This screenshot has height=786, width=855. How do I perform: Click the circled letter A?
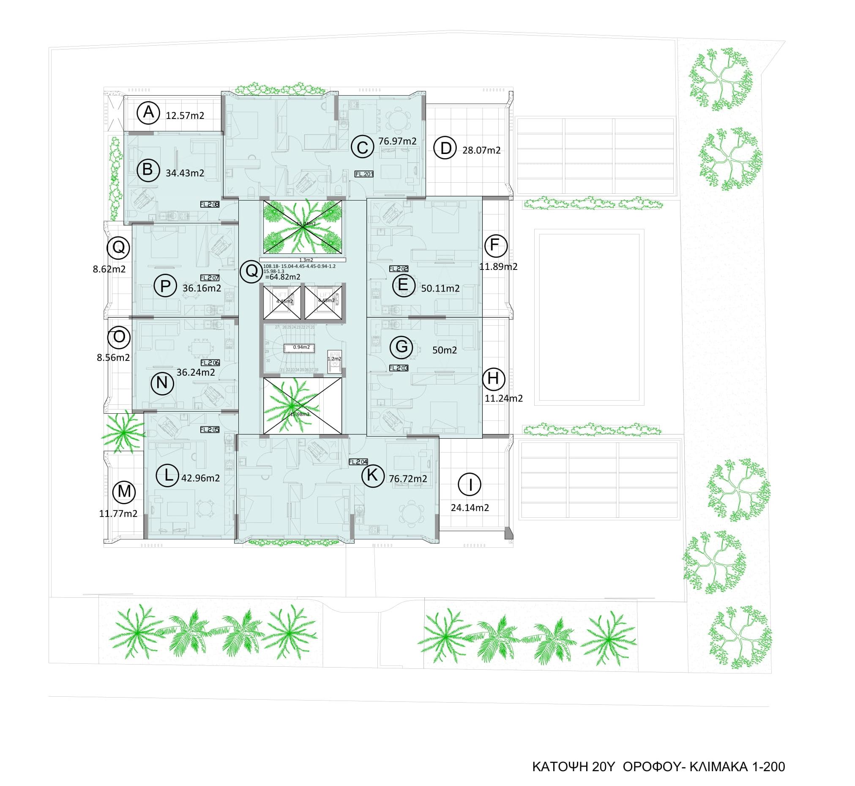coord(148,113)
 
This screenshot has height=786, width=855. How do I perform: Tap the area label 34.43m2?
coord(185,173)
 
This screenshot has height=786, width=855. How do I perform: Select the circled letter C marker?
coord(362,148)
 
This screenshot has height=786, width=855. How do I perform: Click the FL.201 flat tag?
coord(364,174)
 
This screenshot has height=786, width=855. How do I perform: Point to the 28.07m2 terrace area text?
coord(481,150)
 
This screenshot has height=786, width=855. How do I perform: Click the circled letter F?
coord(495,245)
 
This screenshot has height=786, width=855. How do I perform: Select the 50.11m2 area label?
coord(440,289)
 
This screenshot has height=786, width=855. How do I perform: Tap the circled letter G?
coord(401,346)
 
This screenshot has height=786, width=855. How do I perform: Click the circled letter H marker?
coord(493,379)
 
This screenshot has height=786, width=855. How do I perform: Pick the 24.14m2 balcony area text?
coord(470,507)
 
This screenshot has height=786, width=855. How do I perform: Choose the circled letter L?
coord(168,475)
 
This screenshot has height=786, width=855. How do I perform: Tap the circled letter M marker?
coord(124,492)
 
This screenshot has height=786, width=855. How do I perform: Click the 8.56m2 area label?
coord(113,358)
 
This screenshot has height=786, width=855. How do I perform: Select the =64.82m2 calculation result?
coord(283,278)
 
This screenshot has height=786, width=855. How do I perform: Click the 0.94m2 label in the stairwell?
coord(301,347)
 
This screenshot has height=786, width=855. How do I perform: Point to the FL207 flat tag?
coord(210,278)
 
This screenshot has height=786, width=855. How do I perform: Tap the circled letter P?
coord(165,286)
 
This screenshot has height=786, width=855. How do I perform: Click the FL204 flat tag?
coord(358,462)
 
